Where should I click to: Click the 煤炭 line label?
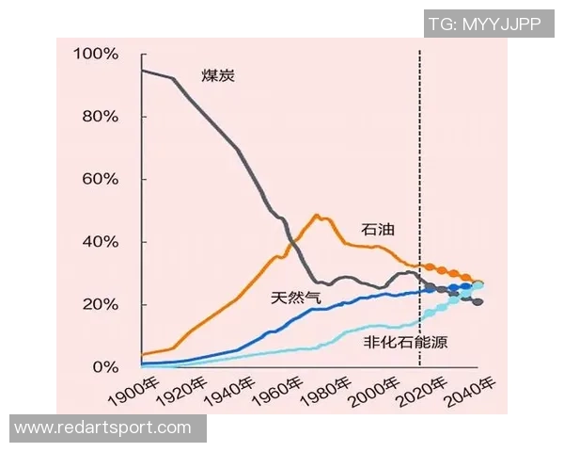218,75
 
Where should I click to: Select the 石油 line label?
377,229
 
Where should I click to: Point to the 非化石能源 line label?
406,342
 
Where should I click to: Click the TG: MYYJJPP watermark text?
484,24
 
